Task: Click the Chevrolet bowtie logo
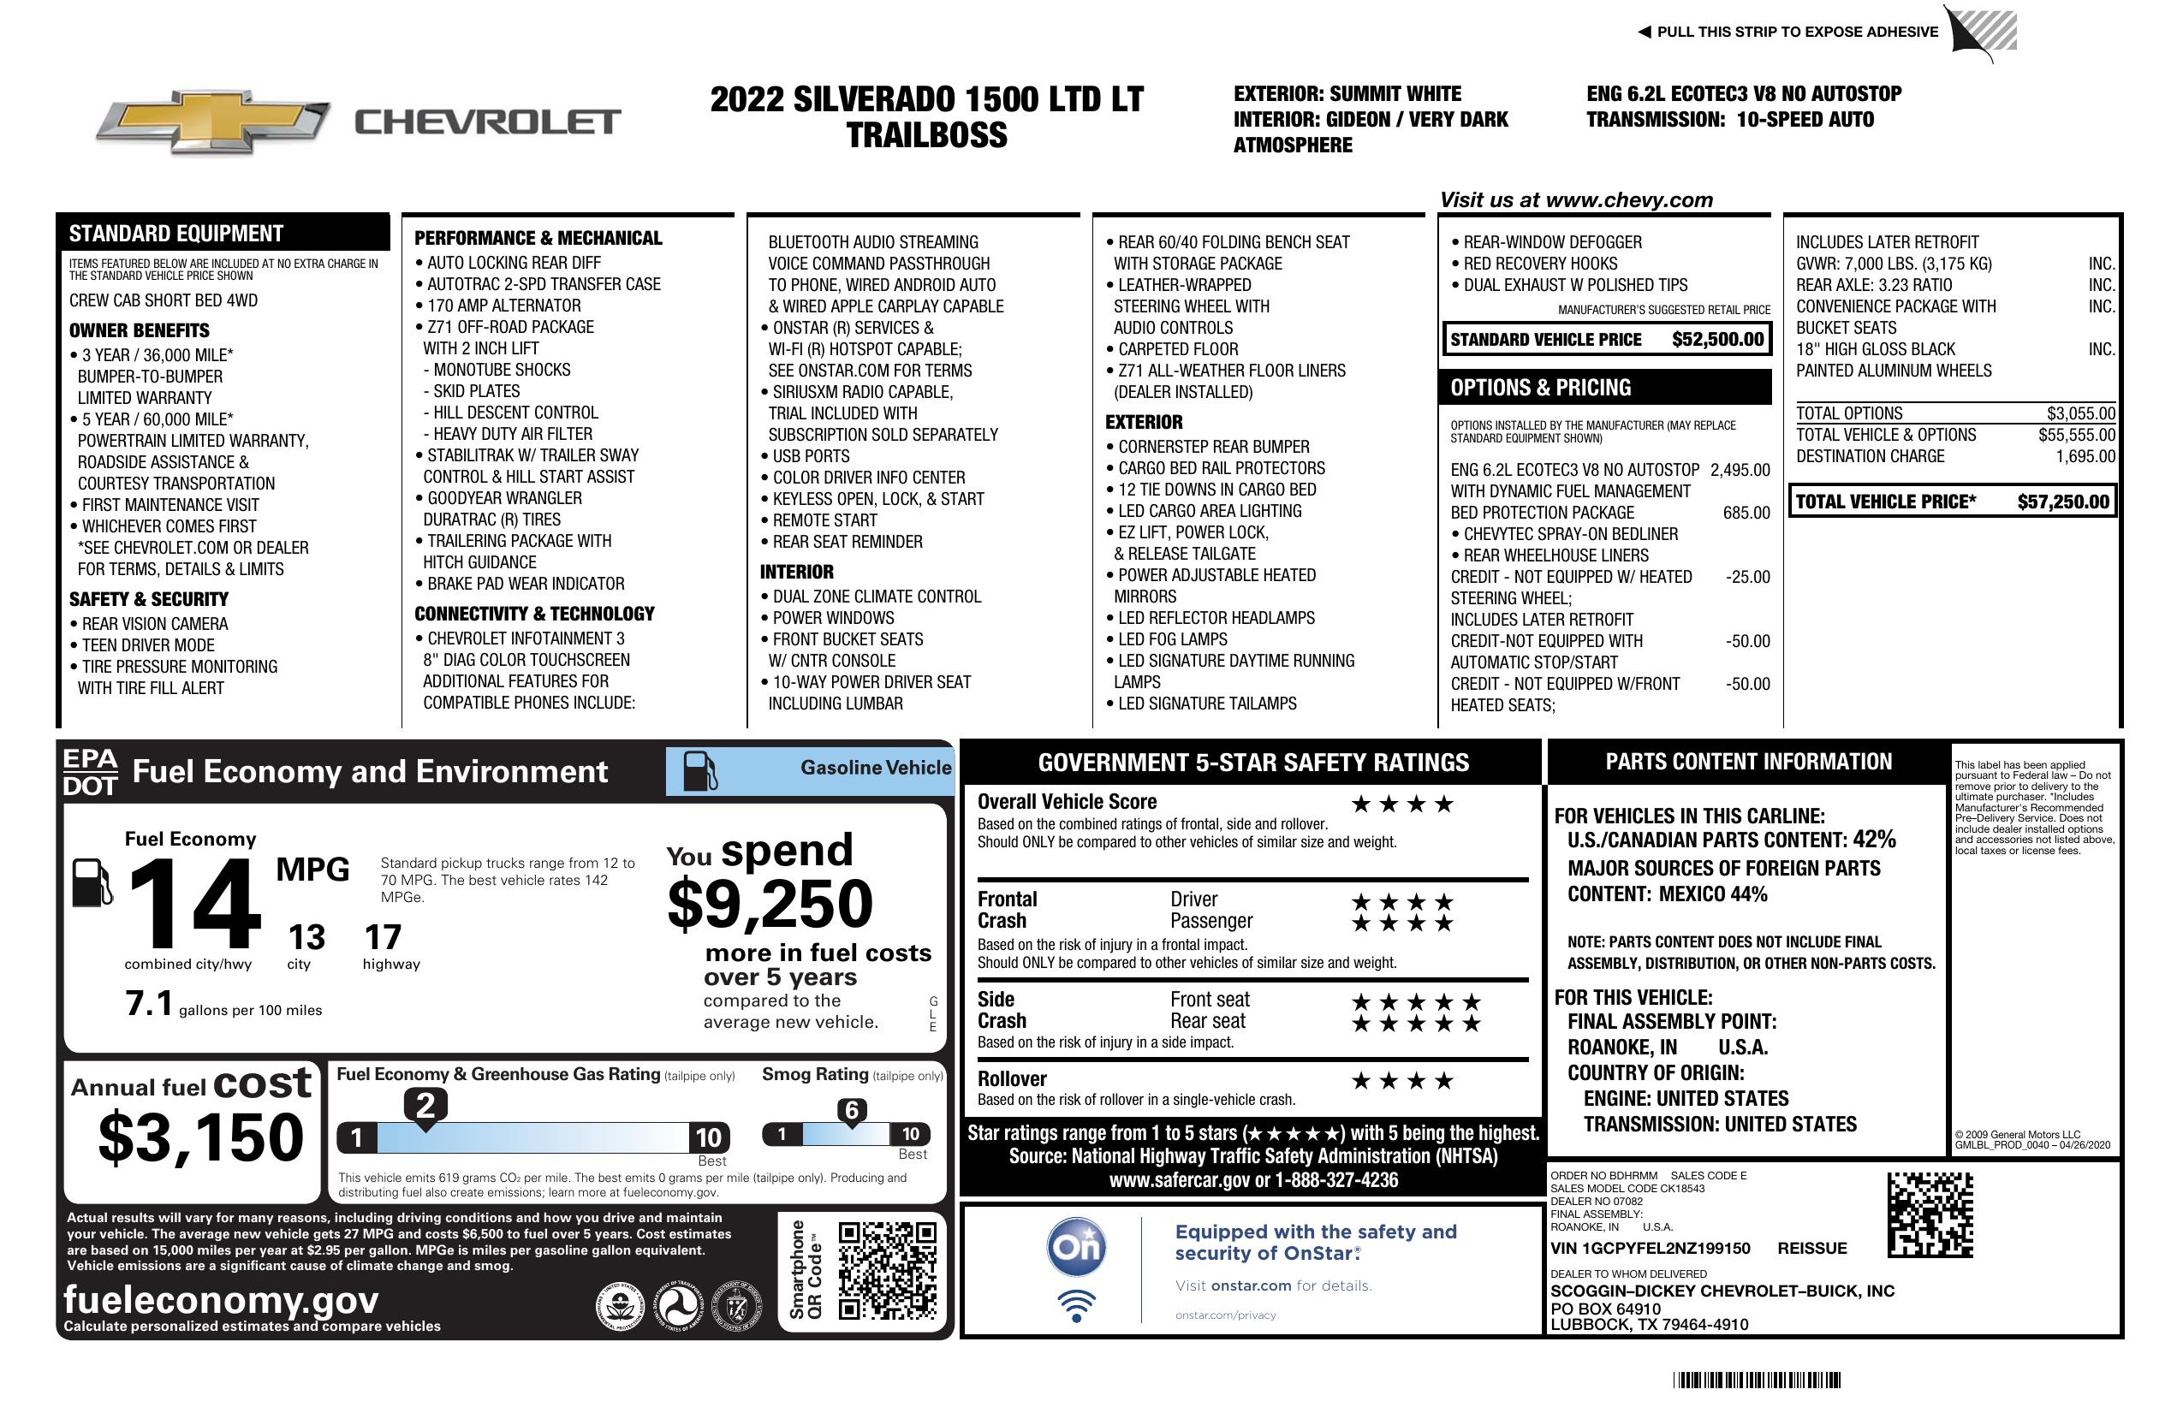(213, 122)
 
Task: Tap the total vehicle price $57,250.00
(2063, 502)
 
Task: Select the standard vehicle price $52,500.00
(1717, 339)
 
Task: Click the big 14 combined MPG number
(194, 904)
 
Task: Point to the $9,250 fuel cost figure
(770, 904)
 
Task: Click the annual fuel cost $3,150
(201, 1137)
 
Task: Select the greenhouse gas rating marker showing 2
(425, 1106)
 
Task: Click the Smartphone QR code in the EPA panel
(887, 1270)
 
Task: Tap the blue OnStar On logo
(1077, 1247)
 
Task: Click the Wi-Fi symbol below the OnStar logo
(1077, 1306)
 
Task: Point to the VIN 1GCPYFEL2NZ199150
(1651, 1248)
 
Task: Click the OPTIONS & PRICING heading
(1540, 388)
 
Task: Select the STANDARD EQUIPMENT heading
(176, 234)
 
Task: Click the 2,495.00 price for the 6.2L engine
(1740, 471)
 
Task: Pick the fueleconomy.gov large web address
(221, 1300)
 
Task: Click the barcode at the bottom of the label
(1756, 1380)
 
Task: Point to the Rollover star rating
(1402, 1081)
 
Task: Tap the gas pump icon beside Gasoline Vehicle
(700, 771)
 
